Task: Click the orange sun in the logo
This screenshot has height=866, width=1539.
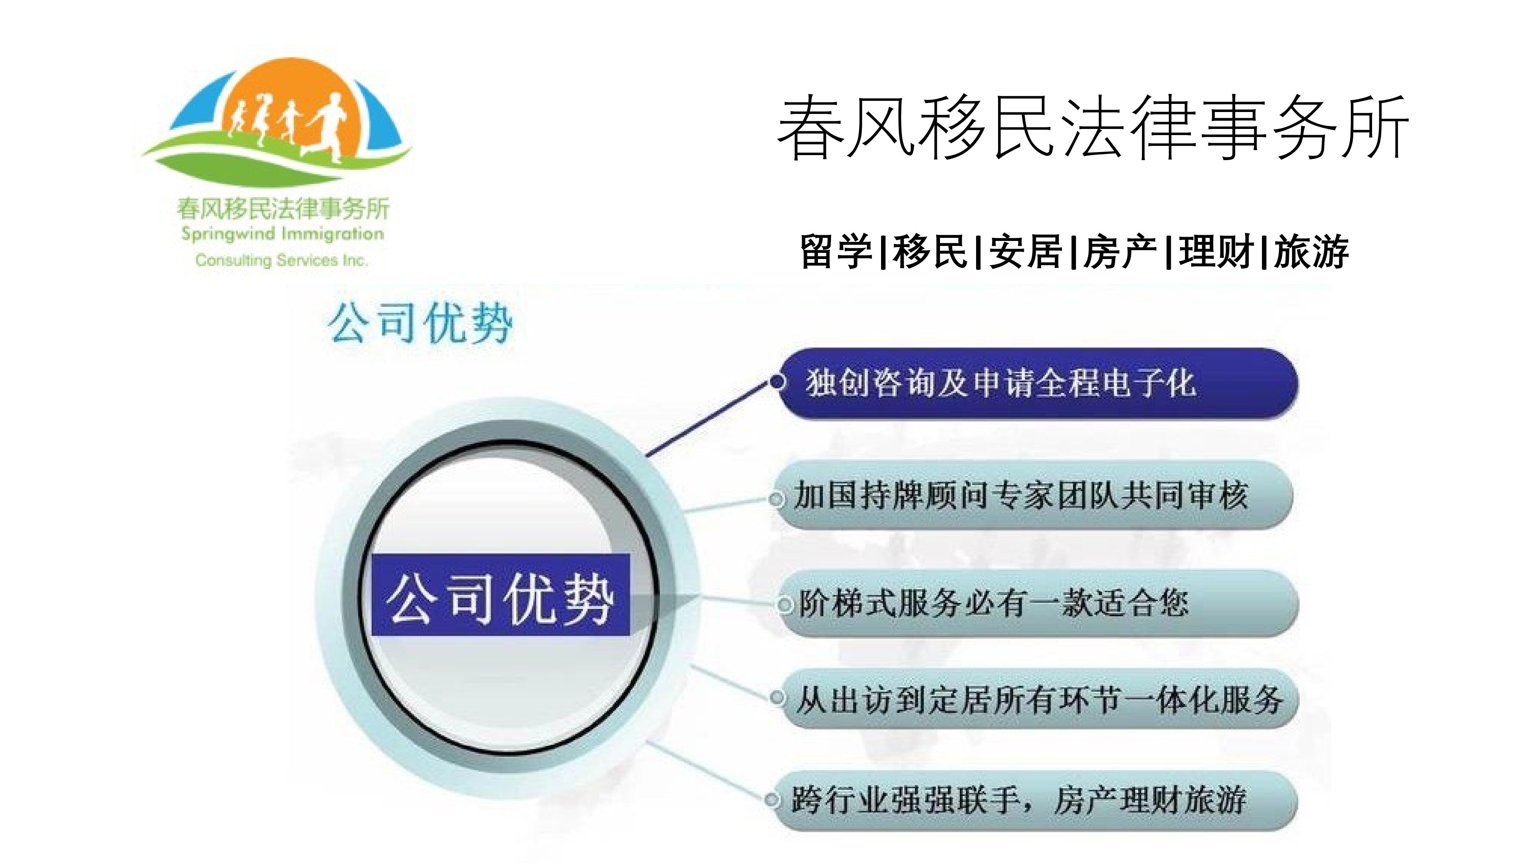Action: [290, 102]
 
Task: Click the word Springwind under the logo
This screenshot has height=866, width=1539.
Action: [228, 234]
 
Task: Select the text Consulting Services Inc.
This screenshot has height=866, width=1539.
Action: [281, 260]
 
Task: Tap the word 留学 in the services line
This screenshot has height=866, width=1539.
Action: [836, 252]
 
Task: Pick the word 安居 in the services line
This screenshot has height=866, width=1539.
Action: [1025, 252]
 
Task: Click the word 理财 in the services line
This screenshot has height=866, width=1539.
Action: [1216, 252]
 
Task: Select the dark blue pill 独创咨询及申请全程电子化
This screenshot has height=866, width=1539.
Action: [1037, 383]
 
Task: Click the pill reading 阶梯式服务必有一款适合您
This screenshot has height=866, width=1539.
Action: [1037, 603]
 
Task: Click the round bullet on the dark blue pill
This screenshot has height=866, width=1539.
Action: [778, 381]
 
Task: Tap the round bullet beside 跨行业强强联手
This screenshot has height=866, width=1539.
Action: [773, 800]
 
